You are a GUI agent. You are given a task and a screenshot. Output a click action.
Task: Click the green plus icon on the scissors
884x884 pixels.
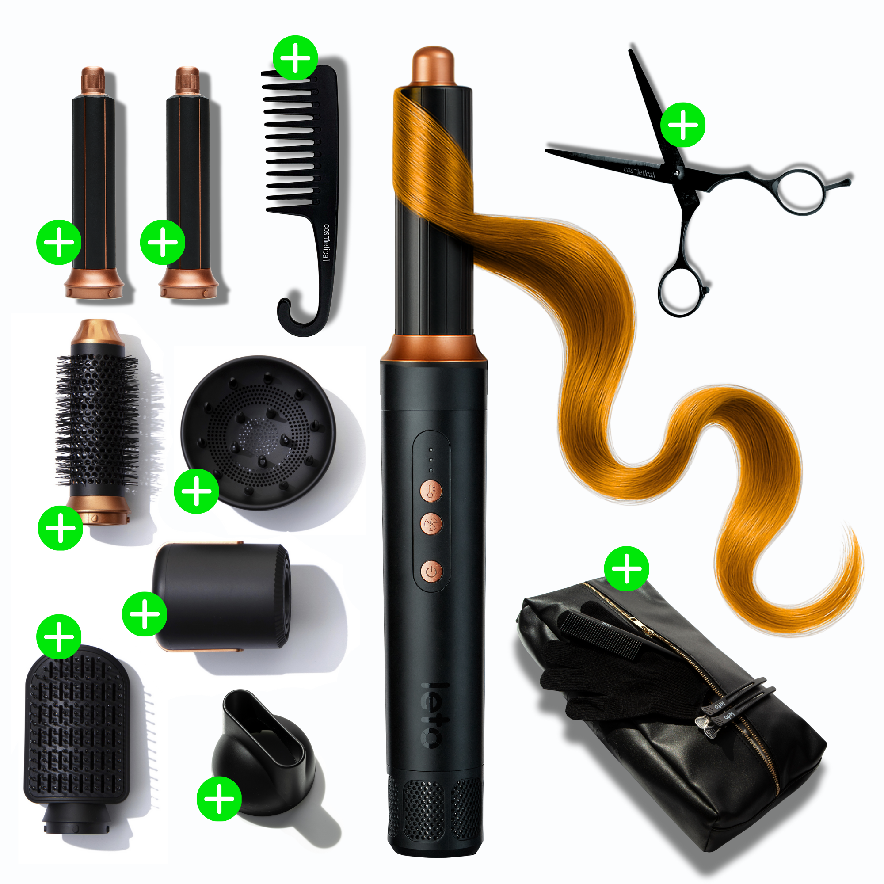click(x=683, y=125)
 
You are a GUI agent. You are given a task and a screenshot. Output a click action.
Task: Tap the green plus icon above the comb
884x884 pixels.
click(x=295, y=58)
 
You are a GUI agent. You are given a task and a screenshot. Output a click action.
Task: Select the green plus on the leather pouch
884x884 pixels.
click(x=626, y=569)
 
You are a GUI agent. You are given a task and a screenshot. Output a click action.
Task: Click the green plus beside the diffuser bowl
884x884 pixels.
click(x=196, y=491)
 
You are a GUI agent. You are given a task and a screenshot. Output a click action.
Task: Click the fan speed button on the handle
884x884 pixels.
click(x=431, y=524)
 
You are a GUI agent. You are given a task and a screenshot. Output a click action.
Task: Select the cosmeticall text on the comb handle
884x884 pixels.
click(x=326, y=243)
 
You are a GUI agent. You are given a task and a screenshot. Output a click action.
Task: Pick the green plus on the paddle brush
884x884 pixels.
click(x=59, y=637)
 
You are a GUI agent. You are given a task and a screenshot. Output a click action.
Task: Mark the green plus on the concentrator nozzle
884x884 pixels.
click(x=219, y=798)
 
